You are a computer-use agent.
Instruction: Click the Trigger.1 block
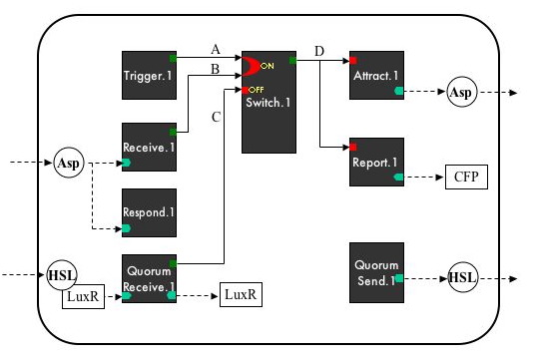(x=149, y=74)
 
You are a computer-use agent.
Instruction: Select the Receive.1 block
(x=149, y=147)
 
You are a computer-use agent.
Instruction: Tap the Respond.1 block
(x=149, y=212)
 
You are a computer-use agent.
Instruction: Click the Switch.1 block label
(x=268, y=104)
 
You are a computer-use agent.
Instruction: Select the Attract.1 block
(x=376, y=74)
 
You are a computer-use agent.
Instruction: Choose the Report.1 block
(x=376, y=162)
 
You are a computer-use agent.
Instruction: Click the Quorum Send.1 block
(x=376, y=272)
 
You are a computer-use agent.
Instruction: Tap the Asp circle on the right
(x=462, y=91)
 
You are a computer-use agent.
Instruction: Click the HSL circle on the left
(x=62, y=273)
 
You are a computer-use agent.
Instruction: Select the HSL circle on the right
(x=462, y=276)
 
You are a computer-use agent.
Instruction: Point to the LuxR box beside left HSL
(x=85, y=298)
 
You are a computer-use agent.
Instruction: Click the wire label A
(x=216, y=49)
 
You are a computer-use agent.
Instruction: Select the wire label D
(x=319, y=50)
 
